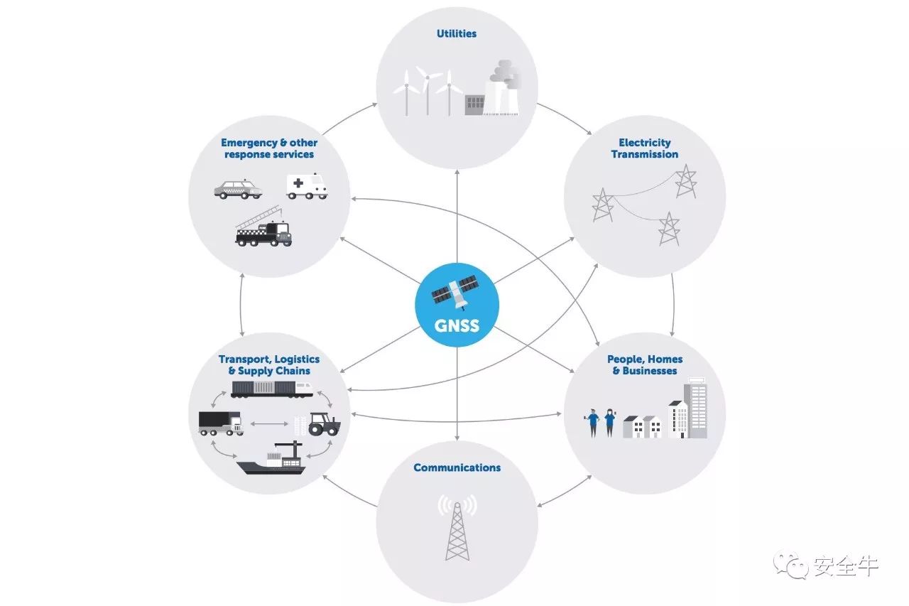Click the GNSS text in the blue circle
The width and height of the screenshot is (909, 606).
pyautogui.click(x=457, y=326)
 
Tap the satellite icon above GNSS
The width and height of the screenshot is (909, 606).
pyautogui.click(x=457, y=293)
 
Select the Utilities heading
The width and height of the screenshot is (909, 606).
pyautogui.click(x=457, y=33)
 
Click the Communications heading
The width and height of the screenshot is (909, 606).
pyautogui.click(x=457, y=467)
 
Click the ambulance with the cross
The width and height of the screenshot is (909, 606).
pyautogui.click(x=307, y=186)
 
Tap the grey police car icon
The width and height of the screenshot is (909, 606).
pyautogui.click(x=238, y=189)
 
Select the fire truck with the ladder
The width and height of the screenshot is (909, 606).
pyautogui.click(x=263, y=229)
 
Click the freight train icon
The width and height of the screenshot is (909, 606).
pyautogui.click(x=272, y=388)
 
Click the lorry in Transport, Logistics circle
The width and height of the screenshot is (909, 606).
pyautogui.click(x=219, y=422)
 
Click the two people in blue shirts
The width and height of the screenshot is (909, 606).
pyautogui.click(x=601, y=422)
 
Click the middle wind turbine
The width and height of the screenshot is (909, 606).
pyautogui.click(x=428, y=89)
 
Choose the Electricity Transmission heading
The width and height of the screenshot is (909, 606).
pyautogui.click(x=644, y=148)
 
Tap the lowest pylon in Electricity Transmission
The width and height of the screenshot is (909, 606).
pyautogui.click(x=668, y=228)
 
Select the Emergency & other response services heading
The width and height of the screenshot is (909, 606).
pyautogui.click(x=269, y=148)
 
